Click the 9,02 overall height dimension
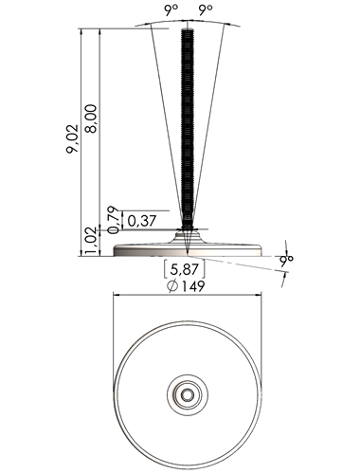coord(72,139)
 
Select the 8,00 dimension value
coord(92,118)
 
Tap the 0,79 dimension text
coord(114,220)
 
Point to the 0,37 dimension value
coord(142,220)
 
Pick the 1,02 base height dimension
coord(92,241)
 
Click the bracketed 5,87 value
coord(185,269)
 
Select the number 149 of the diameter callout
coord(193,286)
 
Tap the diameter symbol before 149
coord(172,286)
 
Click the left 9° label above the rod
coord(171,10)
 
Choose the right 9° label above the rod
coord(206,10)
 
